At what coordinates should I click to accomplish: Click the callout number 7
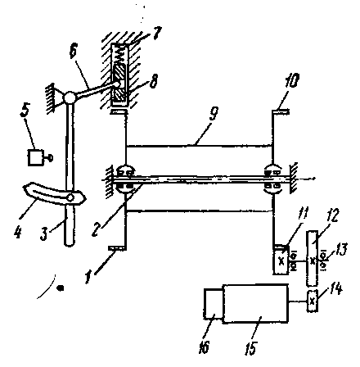coord(157,33)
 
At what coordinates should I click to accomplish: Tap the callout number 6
coord(74,51)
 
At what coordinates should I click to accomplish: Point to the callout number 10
coord(291,79)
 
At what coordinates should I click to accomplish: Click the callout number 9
coord(214,114)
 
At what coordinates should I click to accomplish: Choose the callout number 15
coord(251,347)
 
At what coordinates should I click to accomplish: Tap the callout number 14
coord(335,288)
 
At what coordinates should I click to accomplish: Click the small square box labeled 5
coord(35,157)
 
